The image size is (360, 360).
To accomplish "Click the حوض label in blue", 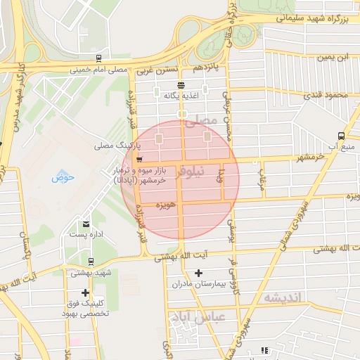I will pyautogui.click(x=63, y=177).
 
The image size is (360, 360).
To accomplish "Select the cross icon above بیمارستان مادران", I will pyautogui.click(x=198, y=273).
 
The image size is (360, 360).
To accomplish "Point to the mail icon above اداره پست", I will pyautogui.click(x=84, y=224).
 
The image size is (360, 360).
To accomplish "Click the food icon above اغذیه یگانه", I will pyautogui.click(x=181, y=84).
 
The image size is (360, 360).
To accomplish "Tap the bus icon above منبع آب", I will pyautogui.click(x=341, y=135).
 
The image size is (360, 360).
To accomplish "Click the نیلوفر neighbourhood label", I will pyautogui.click(x=193, y=170).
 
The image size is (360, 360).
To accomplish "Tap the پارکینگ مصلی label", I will pyautogui.click(x=118, y=146).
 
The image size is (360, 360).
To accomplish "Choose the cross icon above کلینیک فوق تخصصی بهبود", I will pyautogui.click(x=86, y=292).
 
